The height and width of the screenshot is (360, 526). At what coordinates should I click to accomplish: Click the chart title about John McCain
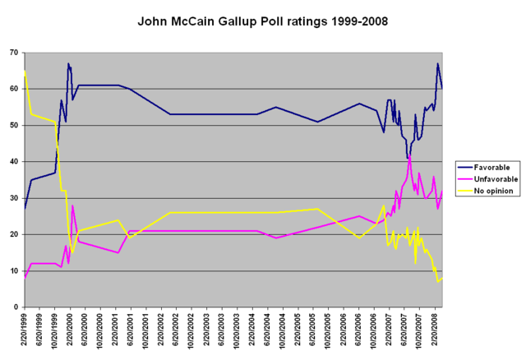coord(262,19)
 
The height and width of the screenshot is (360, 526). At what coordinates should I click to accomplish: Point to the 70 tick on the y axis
coord(14,53)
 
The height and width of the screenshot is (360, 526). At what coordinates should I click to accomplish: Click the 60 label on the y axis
coord(14,89)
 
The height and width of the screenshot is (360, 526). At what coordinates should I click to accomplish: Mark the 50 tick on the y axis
coord(14,125)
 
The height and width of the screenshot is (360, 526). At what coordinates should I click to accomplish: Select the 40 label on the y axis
coord(14,162)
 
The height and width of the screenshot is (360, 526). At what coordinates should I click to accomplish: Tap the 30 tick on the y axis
coord(14,198)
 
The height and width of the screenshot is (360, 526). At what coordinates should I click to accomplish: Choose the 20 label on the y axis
coord(14,234)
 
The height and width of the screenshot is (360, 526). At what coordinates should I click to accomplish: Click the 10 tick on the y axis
coord(14,270)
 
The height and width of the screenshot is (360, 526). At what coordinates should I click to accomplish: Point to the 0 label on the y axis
coord(16,307)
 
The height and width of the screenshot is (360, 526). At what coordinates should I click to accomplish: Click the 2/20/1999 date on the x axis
coord(25,333)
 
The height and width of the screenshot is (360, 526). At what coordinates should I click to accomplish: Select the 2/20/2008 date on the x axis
coord(435,333)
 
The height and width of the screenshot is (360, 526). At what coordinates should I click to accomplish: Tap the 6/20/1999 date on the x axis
coord(39,333)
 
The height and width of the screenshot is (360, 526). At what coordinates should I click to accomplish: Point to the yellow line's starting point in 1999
coord(25,71)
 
